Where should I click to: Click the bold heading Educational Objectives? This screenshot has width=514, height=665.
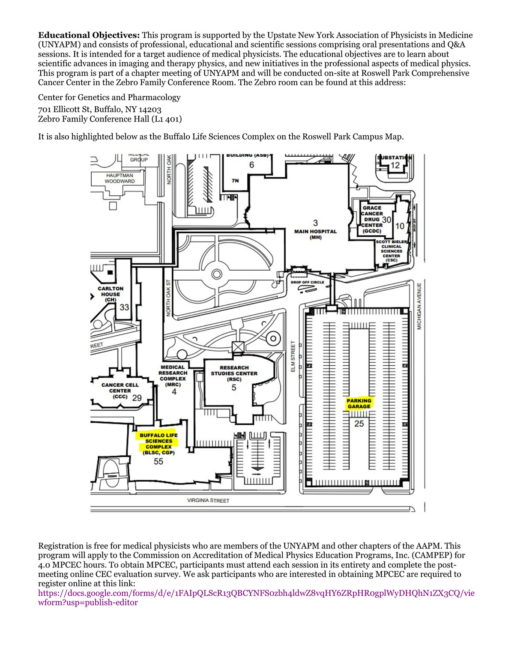click(89, 36)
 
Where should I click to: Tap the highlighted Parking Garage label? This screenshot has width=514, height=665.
click(359, 403)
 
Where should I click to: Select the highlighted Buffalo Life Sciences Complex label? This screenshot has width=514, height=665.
click(158, 441)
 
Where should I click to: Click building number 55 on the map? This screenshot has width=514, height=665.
click(158, 462)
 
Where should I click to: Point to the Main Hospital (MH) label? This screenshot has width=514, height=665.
click(315, 232)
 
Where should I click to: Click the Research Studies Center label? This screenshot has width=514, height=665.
click(234, 373)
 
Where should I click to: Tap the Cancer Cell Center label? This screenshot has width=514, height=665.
click(120, 391)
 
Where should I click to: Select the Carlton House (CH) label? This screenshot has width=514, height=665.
click(111, 294)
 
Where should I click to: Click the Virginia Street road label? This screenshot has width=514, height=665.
click(208, 500)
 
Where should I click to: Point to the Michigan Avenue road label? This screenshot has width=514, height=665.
click(419, 306)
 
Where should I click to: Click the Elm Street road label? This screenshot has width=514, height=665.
click(293, 356)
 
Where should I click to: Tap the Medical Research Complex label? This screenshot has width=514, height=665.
click(173, 376)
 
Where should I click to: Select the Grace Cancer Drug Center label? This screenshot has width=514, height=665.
click(372, 219)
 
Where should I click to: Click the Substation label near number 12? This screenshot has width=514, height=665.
click(394, 158)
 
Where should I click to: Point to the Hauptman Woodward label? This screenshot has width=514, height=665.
click(120, 178)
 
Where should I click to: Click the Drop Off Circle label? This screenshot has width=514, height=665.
click(307, 282)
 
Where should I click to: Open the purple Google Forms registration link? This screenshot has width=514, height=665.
click(256, 593)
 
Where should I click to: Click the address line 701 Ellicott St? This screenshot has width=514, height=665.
click(99, 110)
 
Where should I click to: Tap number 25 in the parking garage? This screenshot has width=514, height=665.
click(359, 423)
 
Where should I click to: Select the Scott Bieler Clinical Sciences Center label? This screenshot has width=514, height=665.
click(391, 251)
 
